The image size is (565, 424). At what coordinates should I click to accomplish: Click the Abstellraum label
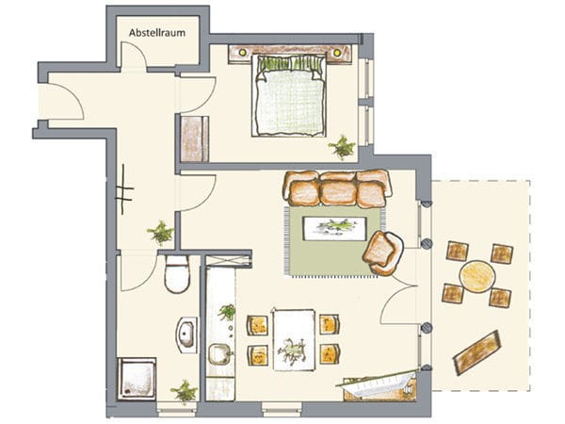coord(157,33)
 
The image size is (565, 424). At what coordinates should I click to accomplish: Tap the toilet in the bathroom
coord(177,274)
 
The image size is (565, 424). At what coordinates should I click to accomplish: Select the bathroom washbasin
coord(187,334)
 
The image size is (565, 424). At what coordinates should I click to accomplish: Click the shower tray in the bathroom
coord(137,378)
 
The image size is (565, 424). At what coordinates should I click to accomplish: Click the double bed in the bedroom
coord(289,95)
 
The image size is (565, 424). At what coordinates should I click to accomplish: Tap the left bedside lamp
coord(242,53)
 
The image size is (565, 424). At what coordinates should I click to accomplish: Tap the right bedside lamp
coord(337,53)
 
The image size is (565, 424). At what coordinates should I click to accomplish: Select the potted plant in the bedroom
coord(342,147)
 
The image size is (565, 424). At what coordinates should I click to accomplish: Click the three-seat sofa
coord(337,188)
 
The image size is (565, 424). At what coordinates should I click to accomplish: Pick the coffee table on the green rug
coord(334,228)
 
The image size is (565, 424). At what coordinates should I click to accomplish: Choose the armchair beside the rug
coord(382,253)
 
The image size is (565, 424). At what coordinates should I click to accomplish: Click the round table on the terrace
coord(477,276)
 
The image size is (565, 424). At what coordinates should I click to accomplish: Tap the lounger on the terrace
coord(477,353)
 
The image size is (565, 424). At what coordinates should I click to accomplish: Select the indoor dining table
coord(294,339)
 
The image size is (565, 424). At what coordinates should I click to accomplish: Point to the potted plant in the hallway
coord(161,233)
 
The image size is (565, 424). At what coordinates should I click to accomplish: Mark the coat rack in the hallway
coord(124,189)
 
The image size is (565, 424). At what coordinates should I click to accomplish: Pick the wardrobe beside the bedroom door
coord(194,139)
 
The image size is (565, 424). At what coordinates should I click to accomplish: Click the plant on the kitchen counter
coord(227,312)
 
